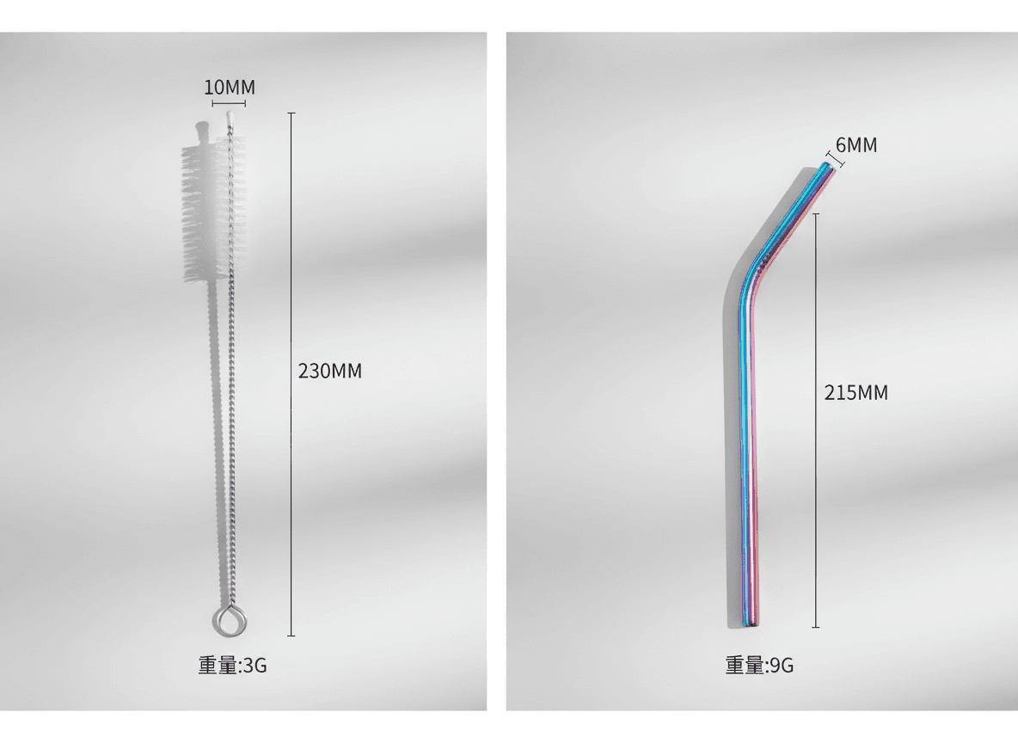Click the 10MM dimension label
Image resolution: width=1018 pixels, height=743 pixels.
230,87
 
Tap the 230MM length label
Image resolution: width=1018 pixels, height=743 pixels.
330,371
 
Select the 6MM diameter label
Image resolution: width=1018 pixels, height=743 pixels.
856,144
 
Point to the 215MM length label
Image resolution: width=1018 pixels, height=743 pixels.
855,392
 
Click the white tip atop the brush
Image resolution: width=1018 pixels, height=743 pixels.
229,119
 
